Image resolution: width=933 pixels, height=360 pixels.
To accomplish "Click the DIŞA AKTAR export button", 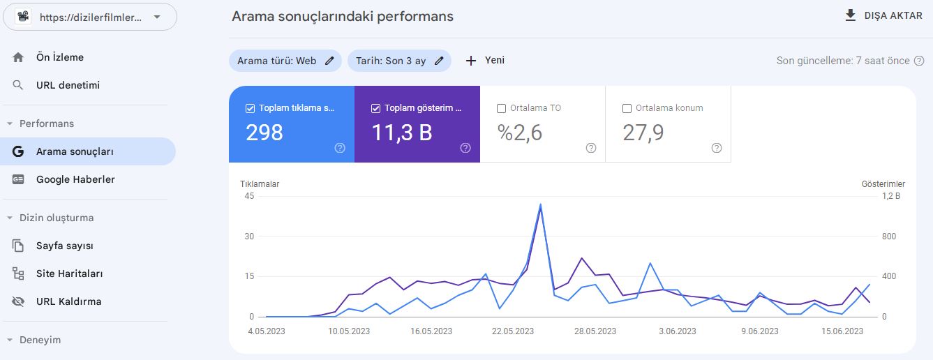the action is [x=883, y=16].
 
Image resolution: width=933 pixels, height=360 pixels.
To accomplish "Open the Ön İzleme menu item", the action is [x=59, y=57].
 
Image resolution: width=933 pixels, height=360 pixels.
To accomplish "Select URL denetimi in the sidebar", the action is [x=68, y=85].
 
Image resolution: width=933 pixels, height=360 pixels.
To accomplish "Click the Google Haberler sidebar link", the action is [x=75, y=179].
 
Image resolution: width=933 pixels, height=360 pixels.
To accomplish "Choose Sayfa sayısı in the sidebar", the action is [x=65, y=246].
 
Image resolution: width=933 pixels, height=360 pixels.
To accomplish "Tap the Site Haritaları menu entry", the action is [x=69, y=273].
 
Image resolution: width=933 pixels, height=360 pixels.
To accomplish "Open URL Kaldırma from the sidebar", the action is [x=68, y=301].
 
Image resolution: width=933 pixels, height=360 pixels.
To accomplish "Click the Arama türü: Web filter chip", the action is [x=285, y=61].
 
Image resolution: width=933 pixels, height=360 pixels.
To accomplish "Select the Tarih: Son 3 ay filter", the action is [x=399, y=61].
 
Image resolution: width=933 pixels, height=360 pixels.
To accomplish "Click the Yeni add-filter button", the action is [x=485, y=60].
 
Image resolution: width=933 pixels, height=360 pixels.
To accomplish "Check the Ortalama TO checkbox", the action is [x=502, y=109].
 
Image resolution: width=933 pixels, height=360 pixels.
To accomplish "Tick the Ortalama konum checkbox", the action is [x=627, y=109].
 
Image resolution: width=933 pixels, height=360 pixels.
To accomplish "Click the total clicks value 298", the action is [x=264, y=133].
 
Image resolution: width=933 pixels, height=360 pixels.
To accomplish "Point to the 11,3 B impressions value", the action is [x=402, y=133].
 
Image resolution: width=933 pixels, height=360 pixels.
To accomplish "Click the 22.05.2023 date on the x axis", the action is [x=513, y=331].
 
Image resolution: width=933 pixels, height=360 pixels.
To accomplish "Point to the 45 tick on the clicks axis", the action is [x=249, y=196].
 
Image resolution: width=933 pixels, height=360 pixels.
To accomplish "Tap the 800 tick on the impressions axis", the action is [x=889, y=237].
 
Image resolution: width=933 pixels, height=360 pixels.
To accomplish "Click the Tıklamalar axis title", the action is [x=260, y=184].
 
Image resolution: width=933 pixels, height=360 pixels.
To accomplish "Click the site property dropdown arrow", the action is [x=157, y=17].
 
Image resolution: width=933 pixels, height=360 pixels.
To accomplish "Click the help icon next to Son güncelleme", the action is [x=919, y=61].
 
